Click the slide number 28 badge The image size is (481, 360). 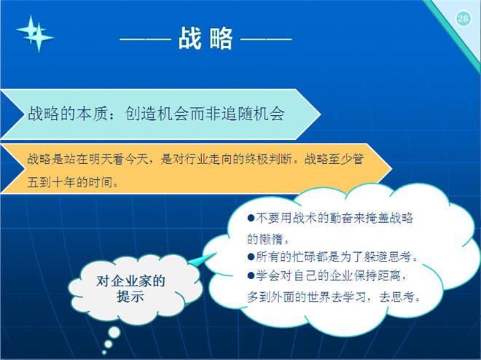(463, 19)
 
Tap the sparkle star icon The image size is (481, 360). (35, 34)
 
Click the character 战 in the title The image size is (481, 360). (190, 38)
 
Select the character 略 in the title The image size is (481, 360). (221, 38)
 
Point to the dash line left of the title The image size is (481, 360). (145, 39)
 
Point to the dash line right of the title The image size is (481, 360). (266, 39)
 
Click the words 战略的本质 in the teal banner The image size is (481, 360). (68, 114)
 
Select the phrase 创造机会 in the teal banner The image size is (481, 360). (157, 114)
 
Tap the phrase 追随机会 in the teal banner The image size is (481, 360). (253, 114)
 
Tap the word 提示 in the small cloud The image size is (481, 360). (130, 297)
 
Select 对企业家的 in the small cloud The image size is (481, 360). (130, 281)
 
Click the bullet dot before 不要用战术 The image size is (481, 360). (251, 218)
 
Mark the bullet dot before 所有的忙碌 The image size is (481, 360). (251, 257)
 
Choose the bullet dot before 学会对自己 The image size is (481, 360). (251, 275)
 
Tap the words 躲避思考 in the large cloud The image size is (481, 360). (388, 257)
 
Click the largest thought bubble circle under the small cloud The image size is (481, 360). (114, 332)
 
